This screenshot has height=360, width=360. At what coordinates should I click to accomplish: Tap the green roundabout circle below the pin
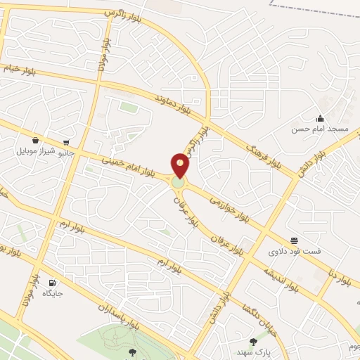(179, 183)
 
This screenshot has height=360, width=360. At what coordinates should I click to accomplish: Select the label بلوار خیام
(22, 68)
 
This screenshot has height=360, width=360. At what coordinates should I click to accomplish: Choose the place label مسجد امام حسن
(320, 129)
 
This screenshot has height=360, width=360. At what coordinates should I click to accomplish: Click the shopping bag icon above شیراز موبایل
(35, 140)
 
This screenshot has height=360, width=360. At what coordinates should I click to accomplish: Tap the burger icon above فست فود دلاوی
(293, 240)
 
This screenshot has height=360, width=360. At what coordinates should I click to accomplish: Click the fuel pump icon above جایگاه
(52, 283)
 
